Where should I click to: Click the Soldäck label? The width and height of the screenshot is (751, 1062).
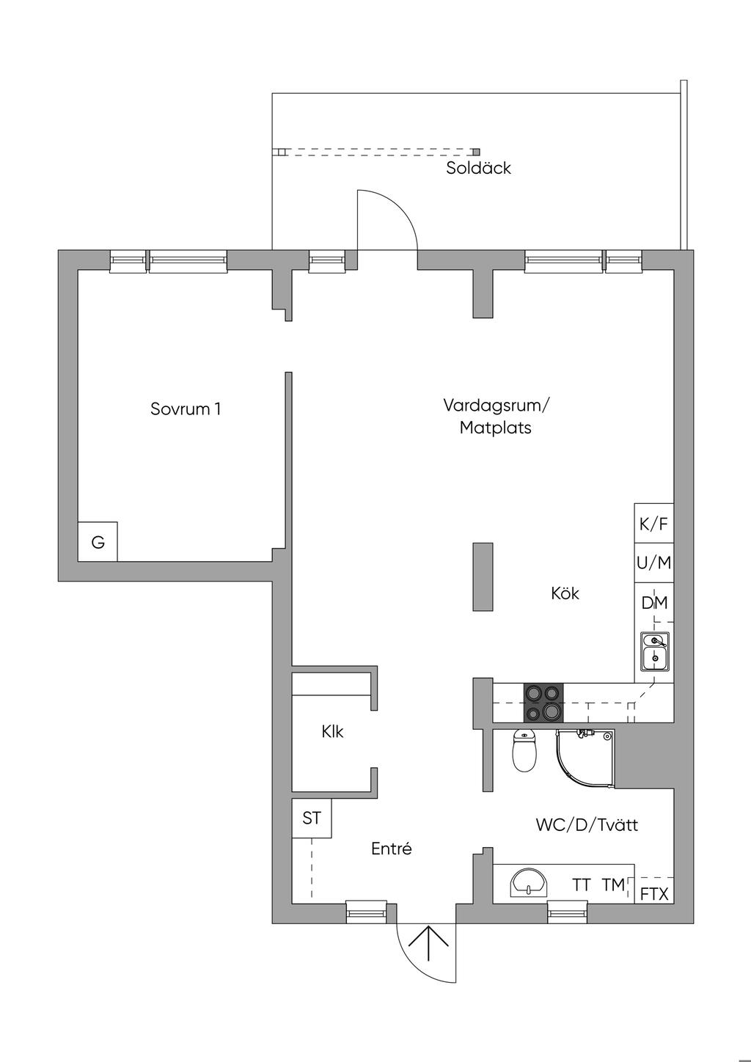(478, 168)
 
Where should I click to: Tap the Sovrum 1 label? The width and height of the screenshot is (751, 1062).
(186, 409)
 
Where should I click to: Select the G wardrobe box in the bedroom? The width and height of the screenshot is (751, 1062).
(98, 541)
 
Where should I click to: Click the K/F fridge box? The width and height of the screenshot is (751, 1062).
(653, 524)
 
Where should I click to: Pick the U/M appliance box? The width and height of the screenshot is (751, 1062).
(653, 563)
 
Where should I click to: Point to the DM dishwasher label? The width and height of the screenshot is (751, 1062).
(654, 603)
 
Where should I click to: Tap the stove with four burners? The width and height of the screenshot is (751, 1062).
(543, 703)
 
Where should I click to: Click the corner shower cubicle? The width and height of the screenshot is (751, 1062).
(585, 760)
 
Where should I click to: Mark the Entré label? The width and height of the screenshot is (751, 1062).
(391, 849)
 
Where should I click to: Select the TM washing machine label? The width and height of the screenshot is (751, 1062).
(614, 885)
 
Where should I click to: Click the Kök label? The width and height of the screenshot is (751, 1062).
(565, 593)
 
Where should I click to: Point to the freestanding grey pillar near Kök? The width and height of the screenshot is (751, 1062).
(483, 576)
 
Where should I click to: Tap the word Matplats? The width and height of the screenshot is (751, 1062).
(496, 428)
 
